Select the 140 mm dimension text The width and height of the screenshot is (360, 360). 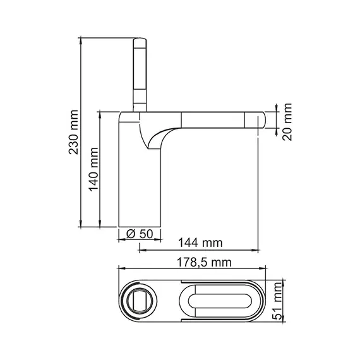[93, 169]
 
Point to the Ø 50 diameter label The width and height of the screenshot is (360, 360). [140, 234]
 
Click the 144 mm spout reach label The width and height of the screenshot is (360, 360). [200, 242]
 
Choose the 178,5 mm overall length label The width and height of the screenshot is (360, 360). [204, 262]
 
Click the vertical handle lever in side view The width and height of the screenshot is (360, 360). [140, 73]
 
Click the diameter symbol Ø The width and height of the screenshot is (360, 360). [130, 234]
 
